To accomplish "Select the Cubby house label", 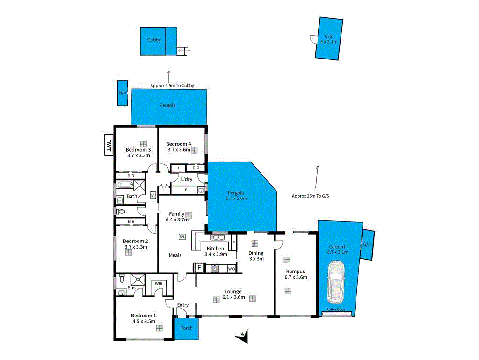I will (154, 40).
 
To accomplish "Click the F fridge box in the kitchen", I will (199, 268).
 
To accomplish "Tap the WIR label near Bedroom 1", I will (158, 283).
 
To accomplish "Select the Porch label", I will (186, 328).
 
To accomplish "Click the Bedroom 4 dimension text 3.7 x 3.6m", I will (179, 150).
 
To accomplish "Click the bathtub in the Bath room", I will (125, 184).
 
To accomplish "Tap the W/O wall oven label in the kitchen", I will (231, 269).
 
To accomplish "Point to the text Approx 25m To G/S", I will (311, 196).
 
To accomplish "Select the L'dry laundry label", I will (187, 179).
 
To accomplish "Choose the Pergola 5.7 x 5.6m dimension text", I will (236, 198).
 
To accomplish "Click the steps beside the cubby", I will (182, 51).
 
